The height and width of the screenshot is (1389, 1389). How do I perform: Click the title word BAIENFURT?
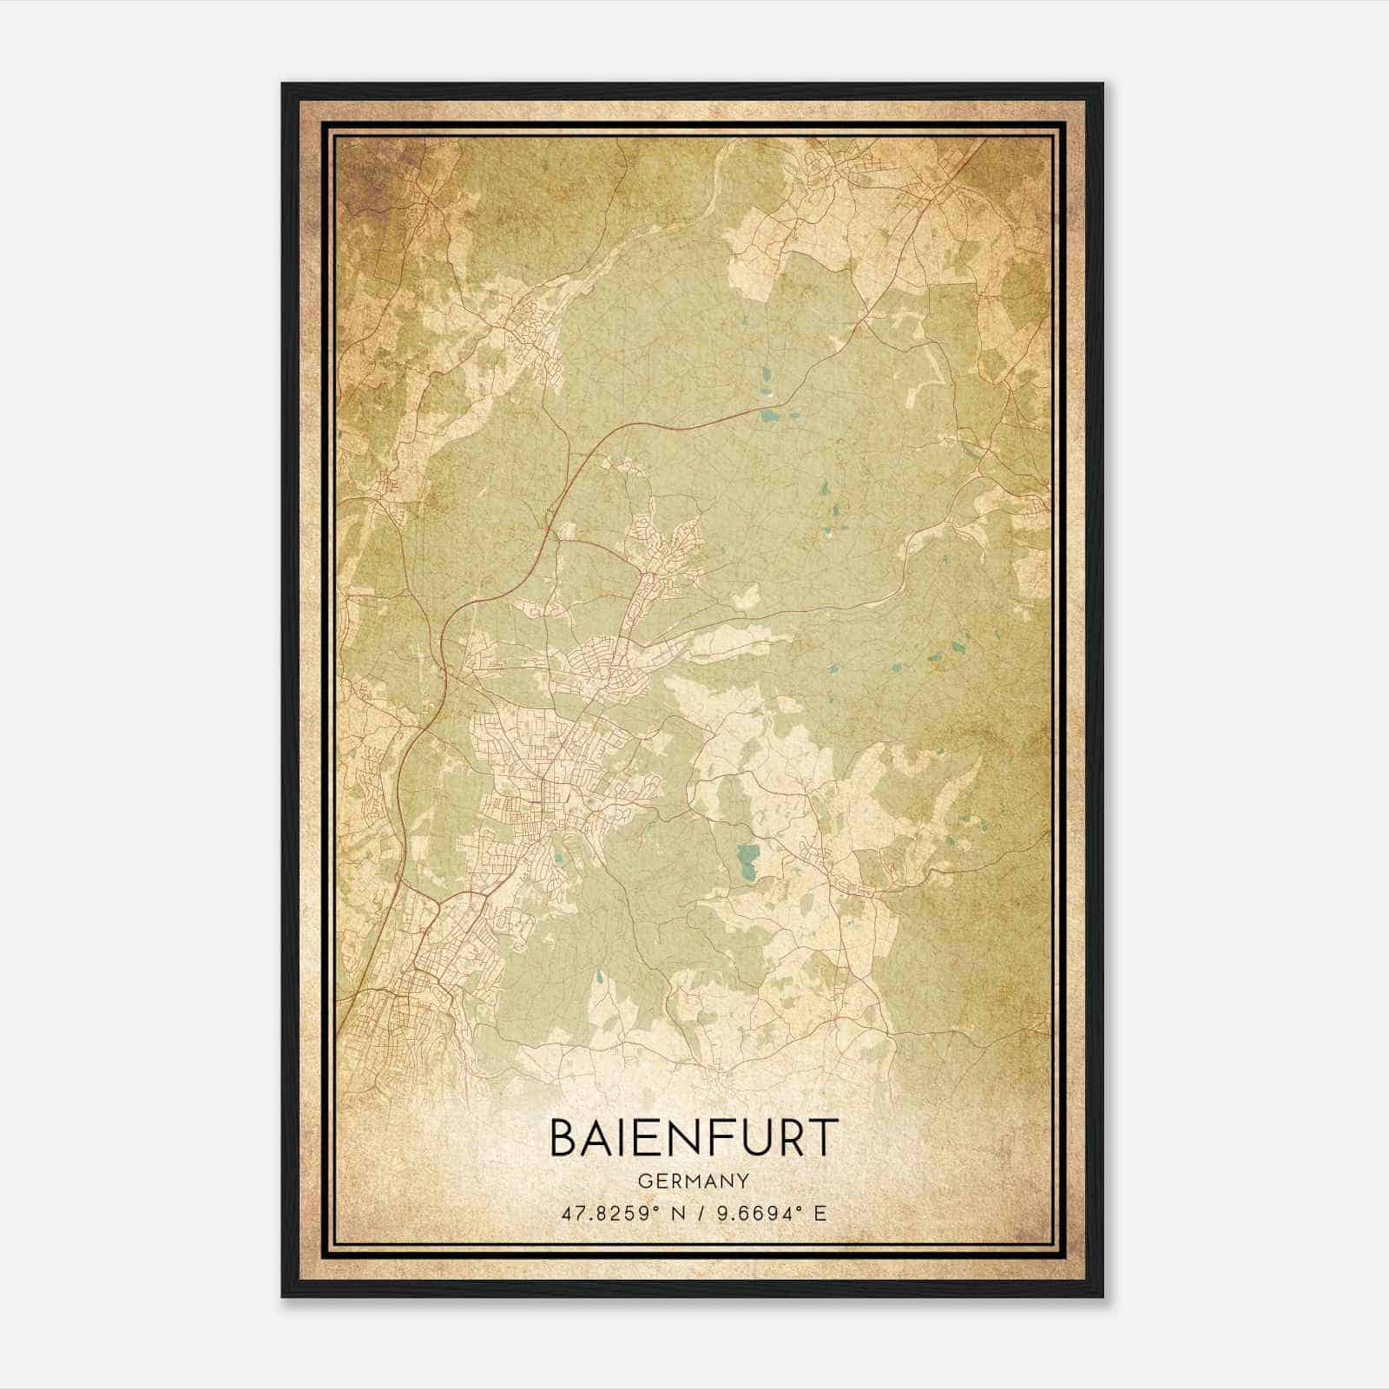click(x=694, y=1138)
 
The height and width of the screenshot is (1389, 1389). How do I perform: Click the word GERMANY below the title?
click(x=694, y=1181)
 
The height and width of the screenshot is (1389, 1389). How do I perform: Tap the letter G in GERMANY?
click(x=644, y=1181)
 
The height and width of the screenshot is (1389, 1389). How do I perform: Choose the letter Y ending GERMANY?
click(x=744, y=1181)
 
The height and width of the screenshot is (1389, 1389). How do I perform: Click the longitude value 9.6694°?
click(x=760, y=1213)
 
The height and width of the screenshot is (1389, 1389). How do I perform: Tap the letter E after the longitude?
click(x=820, y=1213)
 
